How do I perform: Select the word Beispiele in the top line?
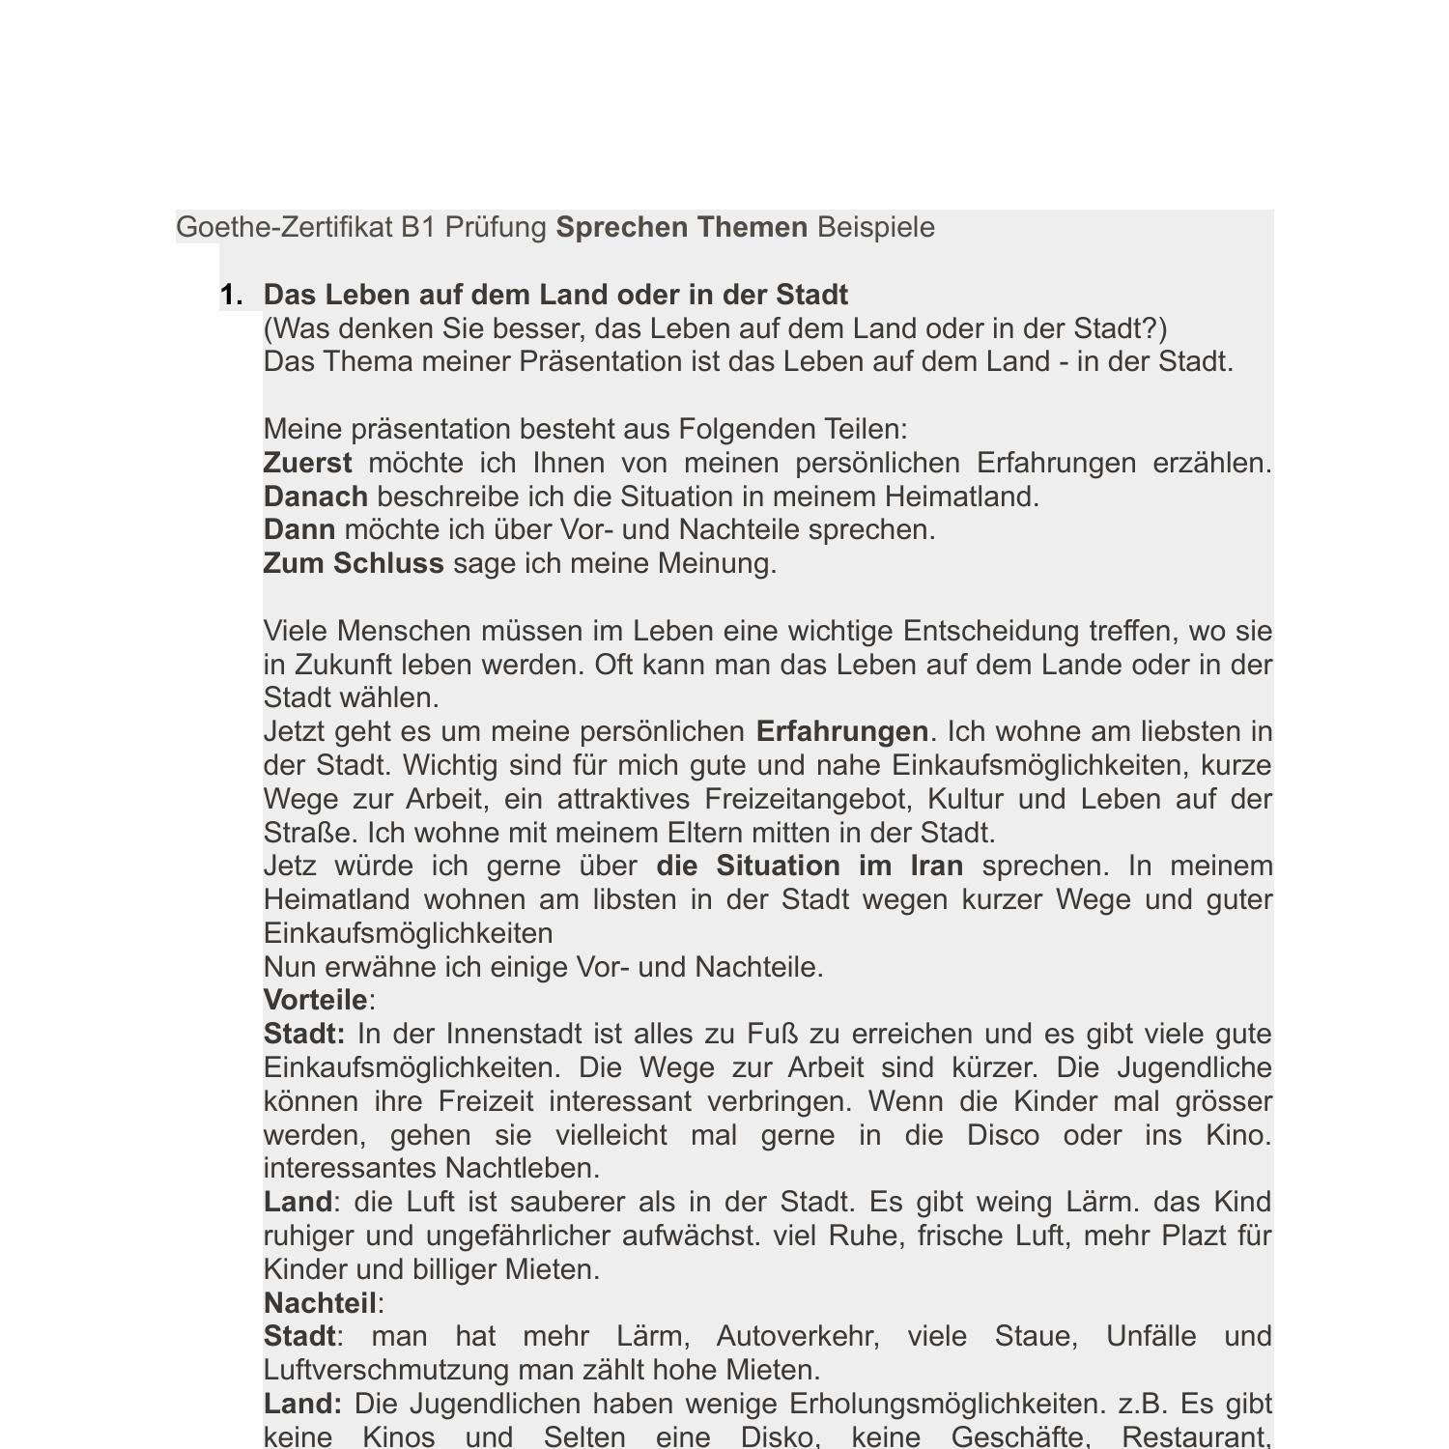pos(875,228)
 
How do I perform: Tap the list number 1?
pos(232,296)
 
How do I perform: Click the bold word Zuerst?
pos(307,464)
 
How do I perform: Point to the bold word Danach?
pos(315,497)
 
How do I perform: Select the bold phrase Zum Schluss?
pos(353,564)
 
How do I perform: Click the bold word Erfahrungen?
pos(841,732)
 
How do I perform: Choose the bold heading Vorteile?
pos(315,1001)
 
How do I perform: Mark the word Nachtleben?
pos(522,1169)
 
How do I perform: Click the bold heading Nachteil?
pos(320,1304)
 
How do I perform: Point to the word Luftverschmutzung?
pos(386,1371)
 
